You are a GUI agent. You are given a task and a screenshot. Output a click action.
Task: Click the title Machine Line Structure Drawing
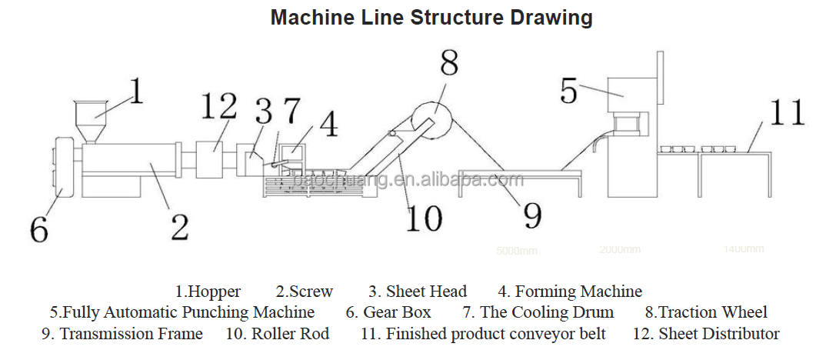pyautogui.click(x=431, y=17)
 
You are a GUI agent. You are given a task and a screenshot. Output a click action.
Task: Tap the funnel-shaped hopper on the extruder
pyautogui.click(x=91, y=117)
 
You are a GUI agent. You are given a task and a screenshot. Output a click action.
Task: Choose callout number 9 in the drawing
pyautogui.click(x=532, y=215)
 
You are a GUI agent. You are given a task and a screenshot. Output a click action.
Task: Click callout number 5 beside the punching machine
pyautogui.click(x=568, y=90)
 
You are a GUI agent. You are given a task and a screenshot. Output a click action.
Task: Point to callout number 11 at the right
pyautogui.click(x=784, y=112)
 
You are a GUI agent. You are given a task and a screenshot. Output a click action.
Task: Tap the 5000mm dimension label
pyautogui.click(x=517, y=251)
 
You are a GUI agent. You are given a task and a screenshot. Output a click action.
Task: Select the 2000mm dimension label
pyautogui.click(x=620, y=249)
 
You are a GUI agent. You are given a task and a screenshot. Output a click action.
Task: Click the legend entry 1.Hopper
pyautogui.click(x=208, y=292)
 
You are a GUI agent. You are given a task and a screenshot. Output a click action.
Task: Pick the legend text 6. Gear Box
pyautogui.click(x=388, y=312)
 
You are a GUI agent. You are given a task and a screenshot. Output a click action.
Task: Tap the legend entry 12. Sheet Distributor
pyautogui.click(x=705, y=334)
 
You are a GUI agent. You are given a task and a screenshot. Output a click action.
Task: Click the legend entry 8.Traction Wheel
pyautogui.click(x=705, y=312)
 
